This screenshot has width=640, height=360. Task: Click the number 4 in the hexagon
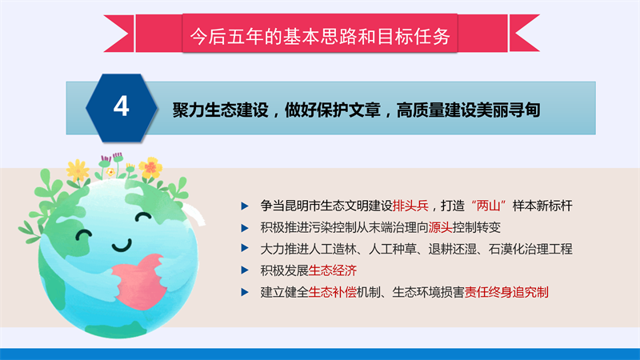click(122, 106)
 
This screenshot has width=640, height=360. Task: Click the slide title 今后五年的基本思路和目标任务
click(320, 36)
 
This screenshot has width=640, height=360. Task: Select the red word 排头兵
click(410, 206)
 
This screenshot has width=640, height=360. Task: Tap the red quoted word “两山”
click(489, 206)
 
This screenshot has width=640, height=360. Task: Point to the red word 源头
click(441, 227)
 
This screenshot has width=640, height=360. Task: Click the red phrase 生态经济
click(333, 270)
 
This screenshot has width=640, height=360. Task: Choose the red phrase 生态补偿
click(333, 292)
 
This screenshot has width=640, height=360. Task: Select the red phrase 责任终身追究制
click(506, 292)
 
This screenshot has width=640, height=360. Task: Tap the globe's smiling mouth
click(122, 246)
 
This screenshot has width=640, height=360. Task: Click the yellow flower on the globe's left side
click(78, 170)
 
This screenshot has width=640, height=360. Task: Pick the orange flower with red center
click(150, 167)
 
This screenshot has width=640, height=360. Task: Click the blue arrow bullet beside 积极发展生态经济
click(245, 270)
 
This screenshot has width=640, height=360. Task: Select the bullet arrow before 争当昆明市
click(245, 206)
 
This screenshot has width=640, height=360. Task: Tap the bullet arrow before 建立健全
click(245, 292)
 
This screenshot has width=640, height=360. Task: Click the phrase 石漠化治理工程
click(530, 249)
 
